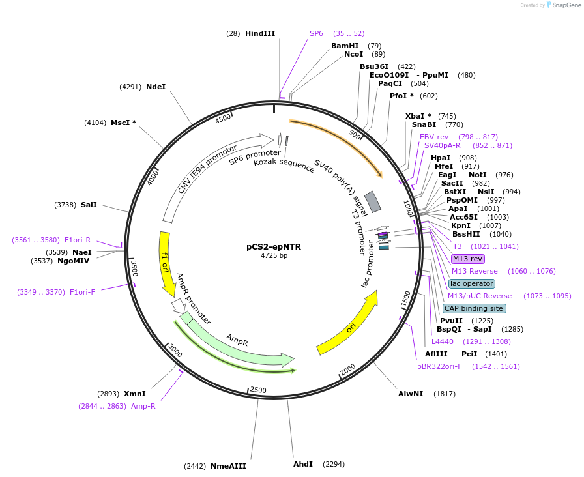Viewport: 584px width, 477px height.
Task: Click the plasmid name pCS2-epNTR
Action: (x=274, y=246)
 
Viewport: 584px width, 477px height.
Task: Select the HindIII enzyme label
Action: (x=260, y=33)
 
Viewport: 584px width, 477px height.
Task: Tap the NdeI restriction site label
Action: (x=156, y=87)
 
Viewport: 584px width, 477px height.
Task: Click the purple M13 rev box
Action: (x=467, y=259)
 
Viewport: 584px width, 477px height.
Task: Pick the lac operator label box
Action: (x=472, y=283)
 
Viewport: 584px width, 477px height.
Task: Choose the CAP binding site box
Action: (x=473, y=308)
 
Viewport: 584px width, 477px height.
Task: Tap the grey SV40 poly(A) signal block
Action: (x=372, y=202)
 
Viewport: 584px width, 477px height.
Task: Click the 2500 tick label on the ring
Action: (x=258, y=390)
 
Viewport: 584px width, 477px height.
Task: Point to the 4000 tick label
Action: (x=153, y=177)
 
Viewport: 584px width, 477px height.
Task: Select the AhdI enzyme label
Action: (x=303, y=464)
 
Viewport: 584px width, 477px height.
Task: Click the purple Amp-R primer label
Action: (x=143, y=406)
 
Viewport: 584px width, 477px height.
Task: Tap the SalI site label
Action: (x=89, y=205)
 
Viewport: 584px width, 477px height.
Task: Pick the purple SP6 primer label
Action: (x=316, y=33)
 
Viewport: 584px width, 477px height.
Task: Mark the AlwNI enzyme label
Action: (x=411, y=394)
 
